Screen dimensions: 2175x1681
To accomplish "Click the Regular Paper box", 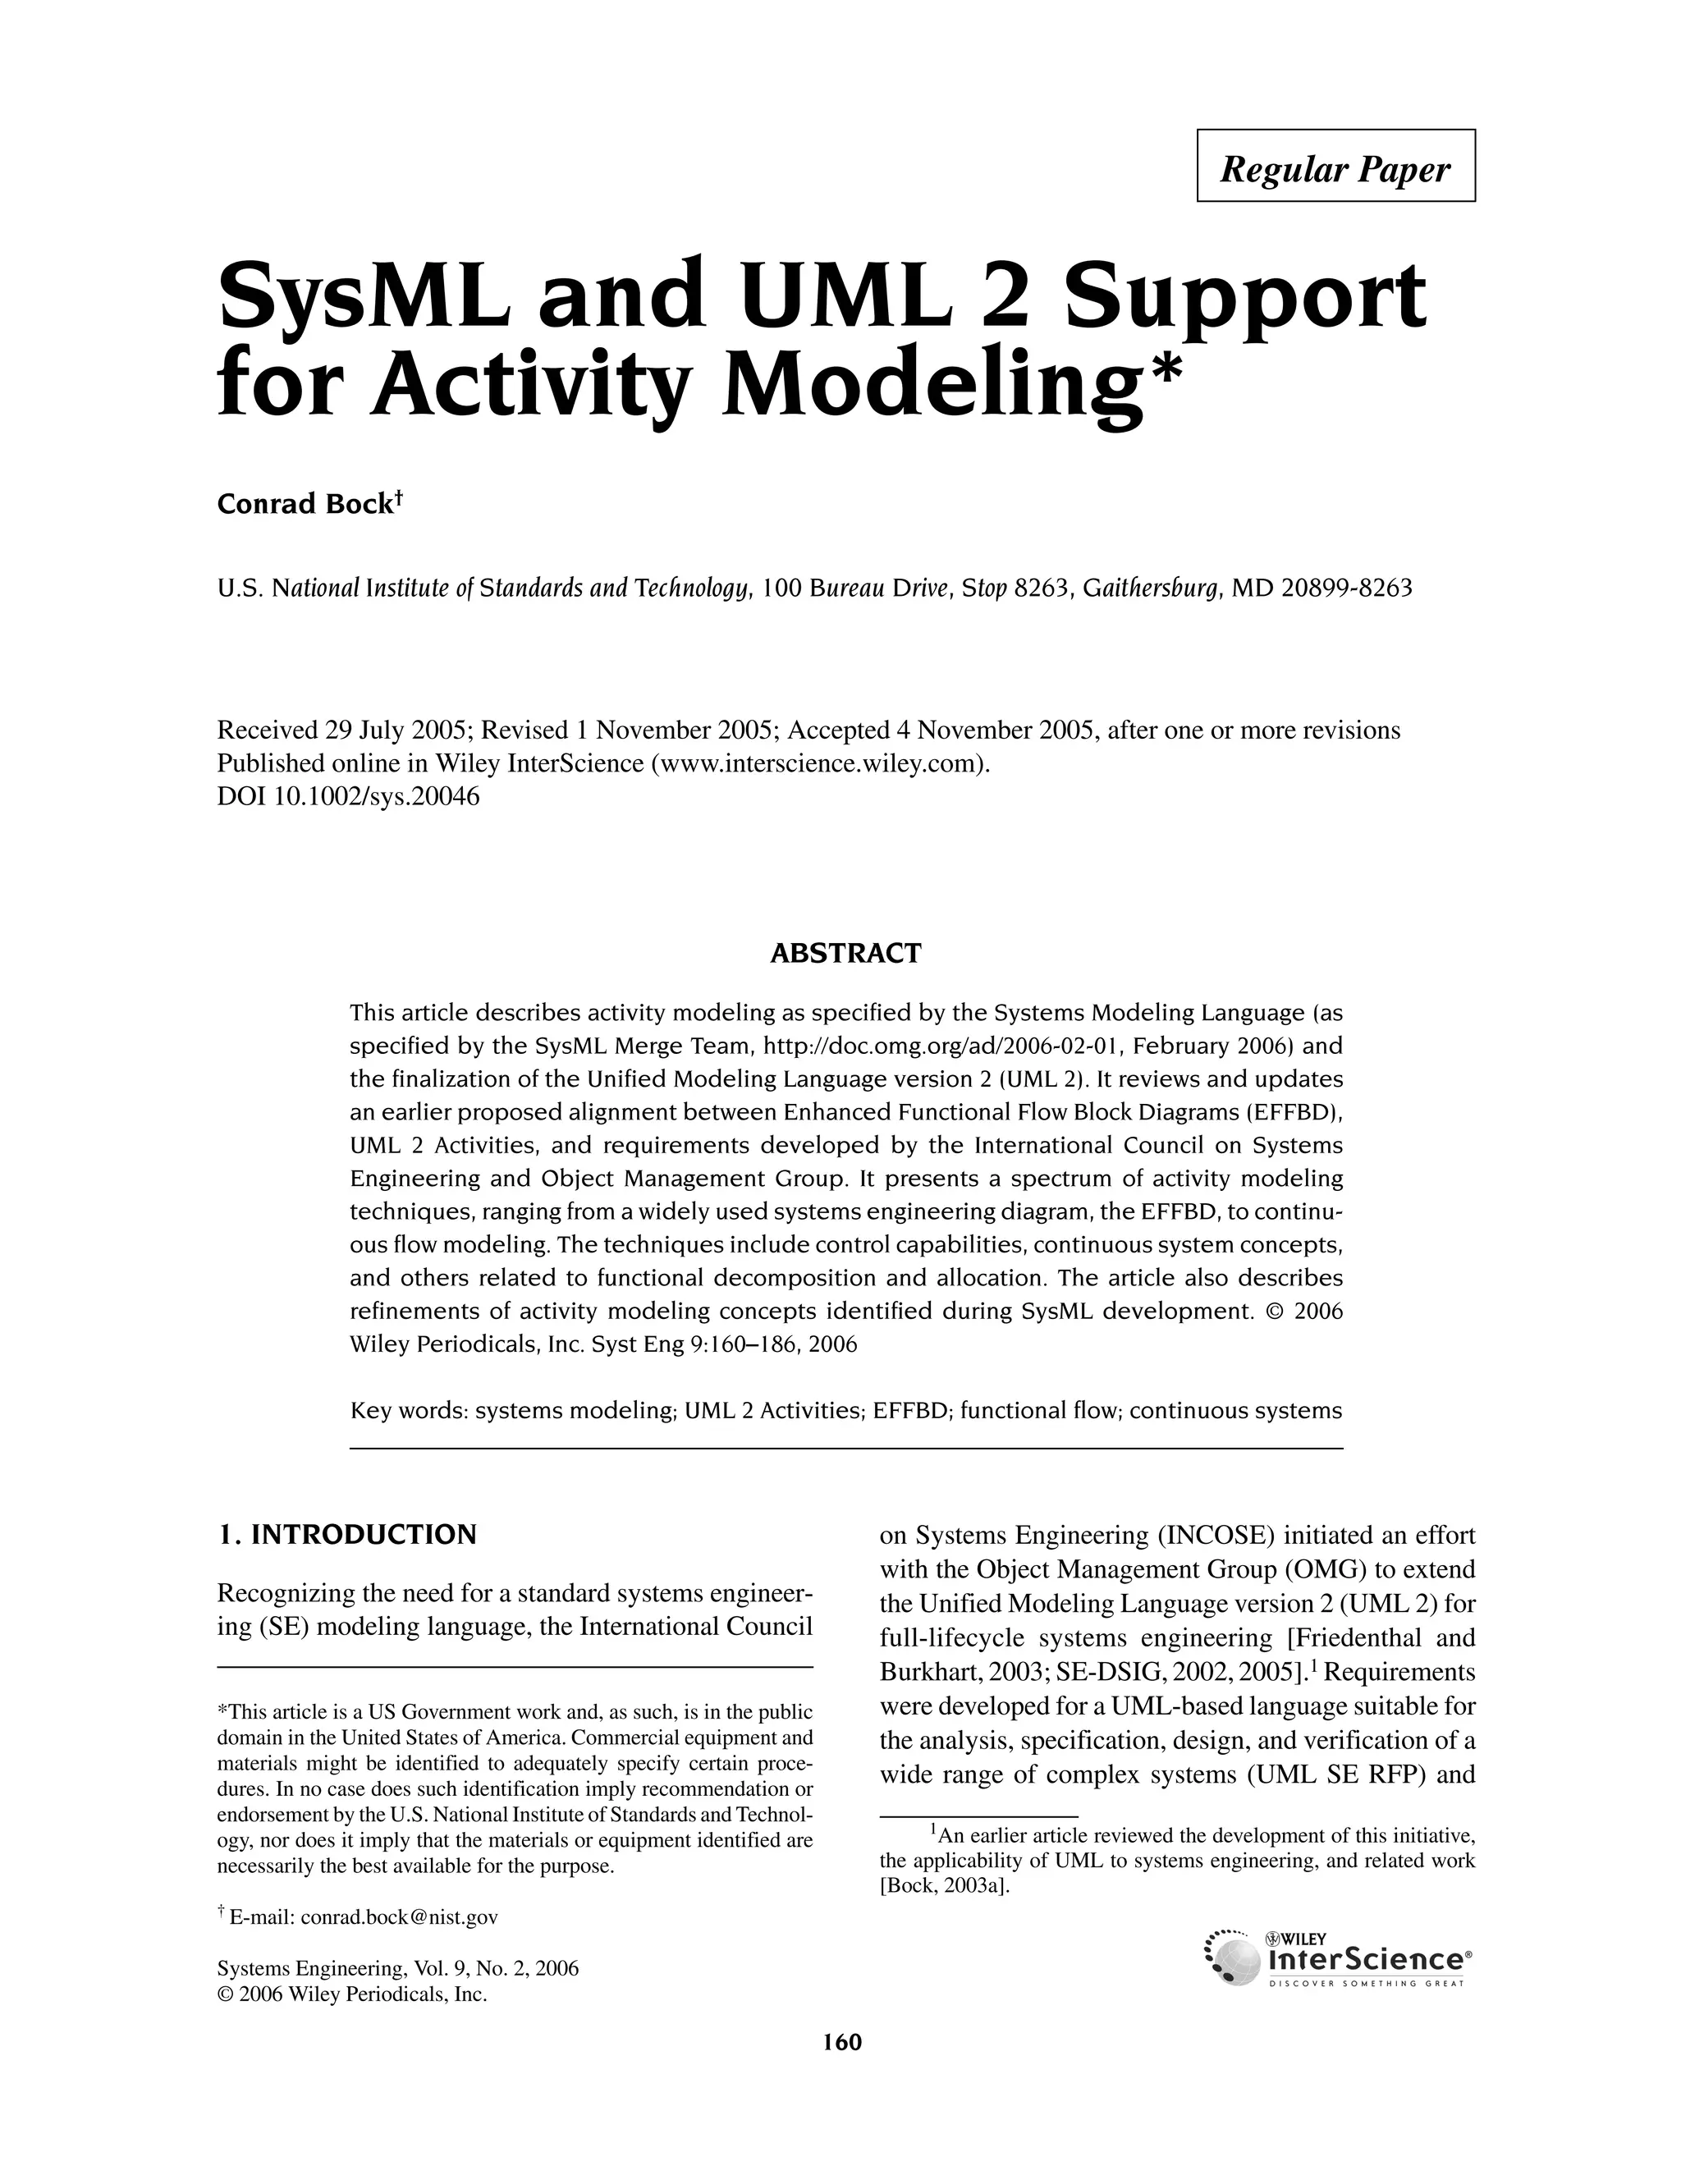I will (1335, 167).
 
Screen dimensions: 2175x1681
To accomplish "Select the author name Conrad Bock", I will (305, 505).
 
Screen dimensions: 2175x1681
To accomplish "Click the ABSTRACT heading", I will (845, 953).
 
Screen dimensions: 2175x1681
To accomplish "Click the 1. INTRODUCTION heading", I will (346, 1535).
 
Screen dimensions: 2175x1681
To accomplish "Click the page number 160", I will (841, 2043).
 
